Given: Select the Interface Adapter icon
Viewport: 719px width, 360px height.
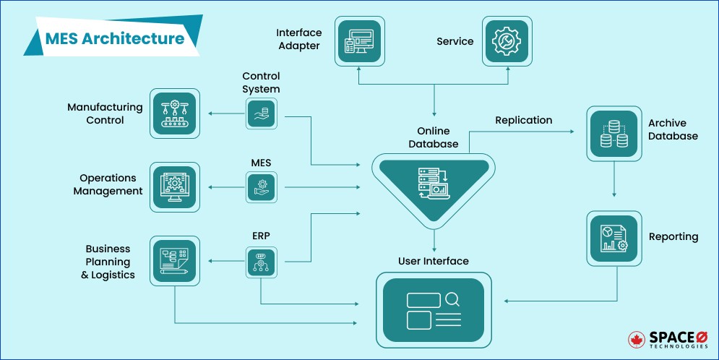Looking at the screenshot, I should pos(359,40).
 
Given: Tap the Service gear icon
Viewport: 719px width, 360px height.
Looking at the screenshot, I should pos(507,40).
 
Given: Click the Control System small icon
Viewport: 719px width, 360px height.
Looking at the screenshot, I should pos(261,114).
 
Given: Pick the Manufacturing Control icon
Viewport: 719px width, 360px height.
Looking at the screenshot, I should pos(174,113).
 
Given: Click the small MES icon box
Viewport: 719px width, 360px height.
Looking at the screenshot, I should pos(261,187).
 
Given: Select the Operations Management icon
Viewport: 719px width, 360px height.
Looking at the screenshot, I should pos(174,187).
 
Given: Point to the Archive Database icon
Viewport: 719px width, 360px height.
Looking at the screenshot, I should pos(613,134).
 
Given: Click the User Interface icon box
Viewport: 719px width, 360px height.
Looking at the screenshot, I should pos(434,309).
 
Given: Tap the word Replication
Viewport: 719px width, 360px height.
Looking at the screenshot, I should pos(523,120).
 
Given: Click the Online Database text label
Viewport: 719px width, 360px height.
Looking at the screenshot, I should pos(434,137).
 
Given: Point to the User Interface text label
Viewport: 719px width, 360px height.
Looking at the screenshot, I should pos(434,261).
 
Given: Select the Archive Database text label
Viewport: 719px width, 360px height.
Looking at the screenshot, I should pos(672,129).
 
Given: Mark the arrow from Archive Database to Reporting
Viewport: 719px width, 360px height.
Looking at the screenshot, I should pos(613,181).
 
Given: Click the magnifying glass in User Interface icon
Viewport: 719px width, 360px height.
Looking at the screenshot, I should pos(452,299).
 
